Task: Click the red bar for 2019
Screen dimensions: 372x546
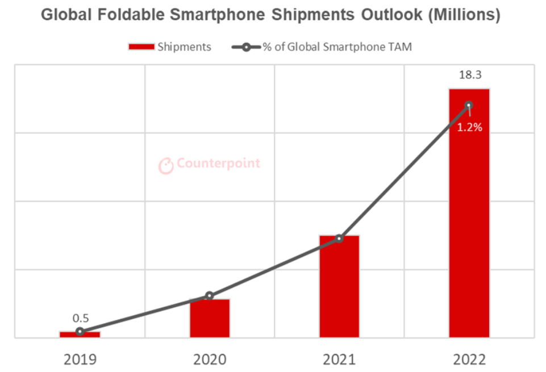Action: tap(80, 335)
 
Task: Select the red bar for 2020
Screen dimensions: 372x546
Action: tap(210, 318)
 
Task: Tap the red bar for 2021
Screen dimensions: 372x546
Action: tap(339, 286)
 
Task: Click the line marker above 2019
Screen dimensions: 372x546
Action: tap(80, 332)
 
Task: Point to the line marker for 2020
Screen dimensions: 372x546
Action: tap(210, 296)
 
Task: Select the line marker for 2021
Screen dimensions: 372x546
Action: tap(339, 239)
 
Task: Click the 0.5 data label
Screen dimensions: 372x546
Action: tap(80, 319)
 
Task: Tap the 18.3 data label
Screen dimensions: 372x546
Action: tap(469, 76)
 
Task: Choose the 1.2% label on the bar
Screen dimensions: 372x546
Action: tap(469, 128)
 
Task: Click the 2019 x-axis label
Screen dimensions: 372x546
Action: tap(80, 360)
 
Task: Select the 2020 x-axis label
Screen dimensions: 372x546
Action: tap(210, 360)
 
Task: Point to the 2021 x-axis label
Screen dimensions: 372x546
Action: tap(339, 360)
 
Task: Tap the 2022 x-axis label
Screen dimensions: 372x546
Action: tap(469, 360)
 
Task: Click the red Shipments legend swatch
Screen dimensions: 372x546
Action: tap(141, 47)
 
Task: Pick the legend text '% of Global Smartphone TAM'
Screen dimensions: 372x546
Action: tap(337, 47)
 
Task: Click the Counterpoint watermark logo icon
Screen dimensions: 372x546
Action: tap(165, 165)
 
